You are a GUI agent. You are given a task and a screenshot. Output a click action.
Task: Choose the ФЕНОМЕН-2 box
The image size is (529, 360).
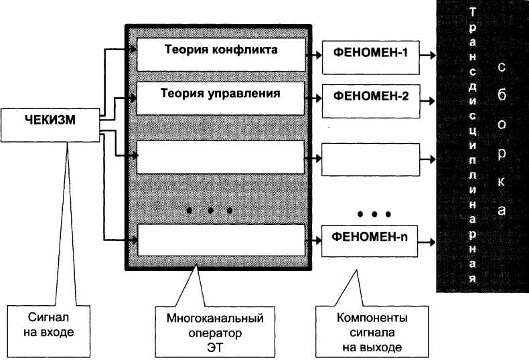[371, 96]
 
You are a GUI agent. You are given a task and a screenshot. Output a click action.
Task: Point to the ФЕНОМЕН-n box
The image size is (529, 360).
[371, 237]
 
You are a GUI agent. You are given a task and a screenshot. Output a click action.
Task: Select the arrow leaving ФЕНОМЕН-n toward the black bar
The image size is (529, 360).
[429, 237]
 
